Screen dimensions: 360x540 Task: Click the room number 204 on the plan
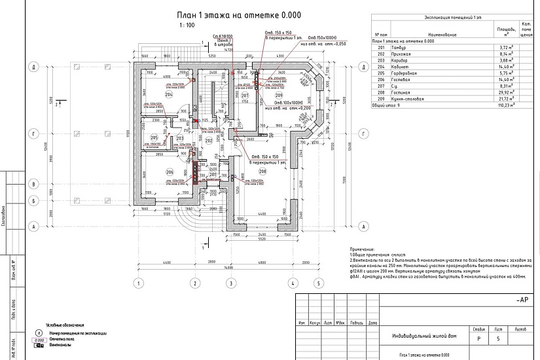click(x=168, y=95)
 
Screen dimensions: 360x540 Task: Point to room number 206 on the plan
click(x=169, y=171)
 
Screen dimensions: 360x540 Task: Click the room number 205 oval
click(x=153, y=137)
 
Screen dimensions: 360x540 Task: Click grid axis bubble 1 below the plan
click(x=138, y=283)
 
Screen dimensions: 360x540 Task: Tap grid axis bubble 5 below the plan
click(x=317, y=283)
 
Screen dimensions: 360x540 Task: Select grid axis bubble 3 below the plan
click(x=230, y=283)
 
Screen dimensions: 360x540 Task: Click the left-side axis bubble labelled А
click(x=31, y=226)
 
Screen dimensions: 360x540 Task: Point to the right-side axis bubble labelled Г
click(x=361, y=133)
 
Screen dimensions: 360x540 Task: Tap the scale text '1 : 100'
click(x=187, y=26)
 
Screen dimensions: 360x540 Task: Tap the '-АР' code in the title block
click(x=522, y=299)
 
